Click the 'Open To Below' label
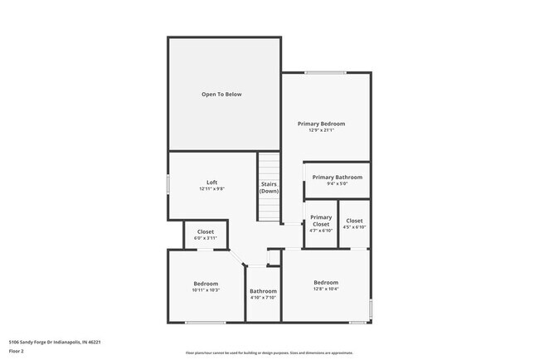[x=221, y=95]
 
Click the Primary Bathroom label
[x=336, y=177]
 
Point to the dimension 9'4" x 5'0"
[x=336, y=183]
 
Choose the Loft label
[x=211, y=182]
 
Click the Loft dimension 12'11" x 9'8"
[x=211, y=189]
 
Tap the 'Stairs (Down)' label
[x=269, y=187]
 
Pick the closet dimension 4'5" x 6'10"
[x=354, y=227]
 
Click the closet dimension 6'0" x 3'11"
[x=205, y=238]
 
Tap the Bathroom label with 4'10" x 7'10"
[x=263, y=291]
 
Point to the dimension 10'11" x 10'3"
[x=206, y=290]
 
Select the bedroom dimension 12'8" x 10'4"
[x=325, y=289]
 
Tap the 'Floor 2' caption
[x=17, y=351]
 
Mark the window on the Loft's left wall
[x=169, y=184]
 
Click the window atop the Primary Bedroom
[x=325, y=73]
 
